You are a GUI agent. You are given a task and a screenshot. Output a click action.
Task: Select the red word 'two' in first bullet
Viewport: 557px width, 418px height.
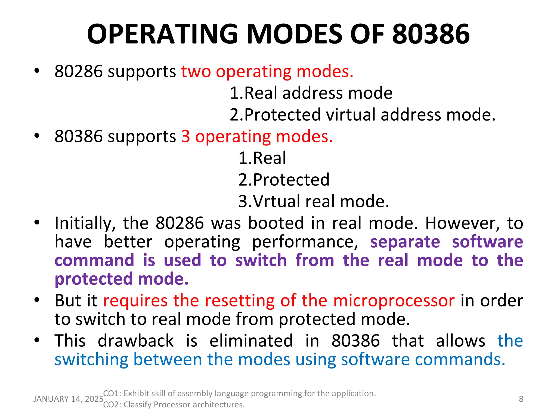(x=196, y=72)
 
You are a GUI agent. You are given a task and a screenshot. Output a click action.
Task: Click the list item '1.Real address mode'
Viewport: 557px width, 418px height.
(x=311, y=93)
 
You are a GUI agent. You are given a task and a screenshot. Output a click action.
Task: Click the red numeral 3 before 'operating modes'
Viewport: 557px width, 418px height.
(x=185, y=136)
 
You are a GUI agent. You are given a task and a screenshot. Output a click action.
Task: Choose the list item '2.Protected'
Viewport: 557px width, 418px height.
(x=284, y=180)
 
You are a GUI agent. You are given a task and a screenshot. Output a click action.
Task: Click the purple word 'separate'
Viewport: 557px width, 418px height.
(x=405, y=242)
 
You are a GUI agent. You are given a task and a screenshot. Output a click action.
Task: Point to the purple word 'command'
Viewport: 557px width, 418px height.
(x=94, y=260)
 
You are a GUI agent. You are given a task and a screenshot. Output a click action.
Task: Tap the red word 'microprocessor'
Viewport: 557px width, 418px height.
(x=394, y=301)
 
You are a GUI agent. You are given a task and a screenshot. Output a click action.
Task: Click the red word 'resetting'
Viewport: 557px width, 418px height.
(x=240, y=301)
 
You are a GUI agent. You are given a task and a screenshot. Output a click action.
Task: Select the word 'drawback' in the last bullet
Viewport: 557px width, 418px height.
(x=135, y=341)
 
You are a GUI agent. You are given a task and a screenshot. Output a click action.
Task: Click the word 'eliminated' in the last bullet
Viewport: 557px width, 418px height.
(x=251, y=341)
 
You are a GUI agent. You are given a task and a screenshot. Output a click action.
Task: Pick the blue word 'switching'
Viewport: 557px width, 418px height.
(x=91, y=359)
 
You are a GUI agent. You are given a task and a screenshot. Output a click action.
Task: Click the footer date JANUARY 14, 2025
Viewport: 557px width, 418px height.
(x=68, y=399)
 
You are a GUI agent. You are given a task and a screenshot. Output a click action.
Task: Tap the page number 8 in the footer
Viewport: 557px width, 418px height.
(x=521, y=399)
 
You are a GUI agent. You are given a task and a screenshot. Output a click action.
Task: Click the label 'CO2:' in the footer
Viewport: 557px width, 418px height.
(x=112, y=405)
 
